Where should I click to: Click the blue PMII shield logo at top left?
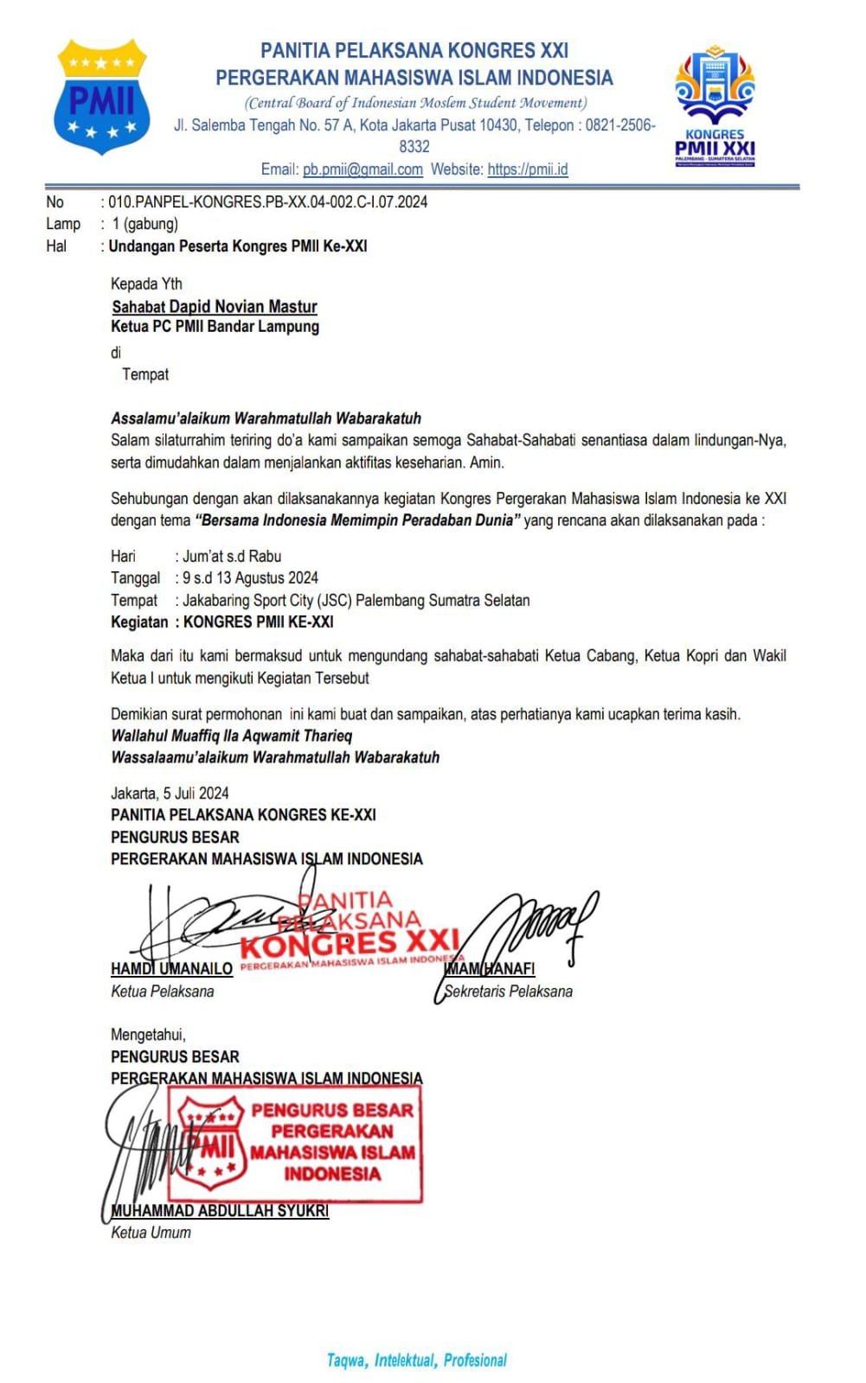click(101, 97)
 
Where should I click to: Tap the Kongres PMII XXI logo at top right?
click(715, 105)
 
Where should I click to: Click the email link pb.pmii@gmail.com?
click(362, 169)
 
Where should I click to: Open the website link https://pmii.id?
click(528, 169)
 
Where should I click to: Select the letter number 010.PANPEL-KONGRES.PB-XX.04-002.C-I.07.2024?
click(267, 202)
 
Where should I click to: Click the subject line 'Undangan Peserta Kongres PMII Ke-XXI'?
click(238, 246)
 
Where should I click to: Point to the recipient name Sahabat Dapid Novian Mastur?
click(215, 307)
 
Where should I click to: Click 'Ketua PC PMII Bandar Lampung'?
click(215, 327)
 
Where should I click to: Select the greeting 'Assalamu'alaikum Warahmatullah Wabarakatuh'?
click(266, 418)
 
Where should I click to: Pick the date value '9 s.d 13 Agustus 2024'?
click(250, 577)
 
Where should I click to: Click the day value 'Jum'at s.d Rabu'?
click(232, 556)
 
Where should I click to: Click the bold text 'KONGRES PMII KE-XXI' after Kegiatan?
click(258, 622)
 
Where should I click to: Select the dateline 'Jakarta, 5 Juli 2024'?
click(170, 793)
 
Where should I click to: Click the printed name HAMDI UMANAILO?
click(171, 969)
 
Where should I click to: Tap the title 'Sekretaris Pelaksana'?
click(509, 991)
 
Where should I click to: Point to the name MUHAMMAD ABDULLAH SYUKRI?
click(220, 1211)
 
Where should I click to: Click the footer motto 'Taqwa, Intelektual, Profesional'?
click(416, 1361)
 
